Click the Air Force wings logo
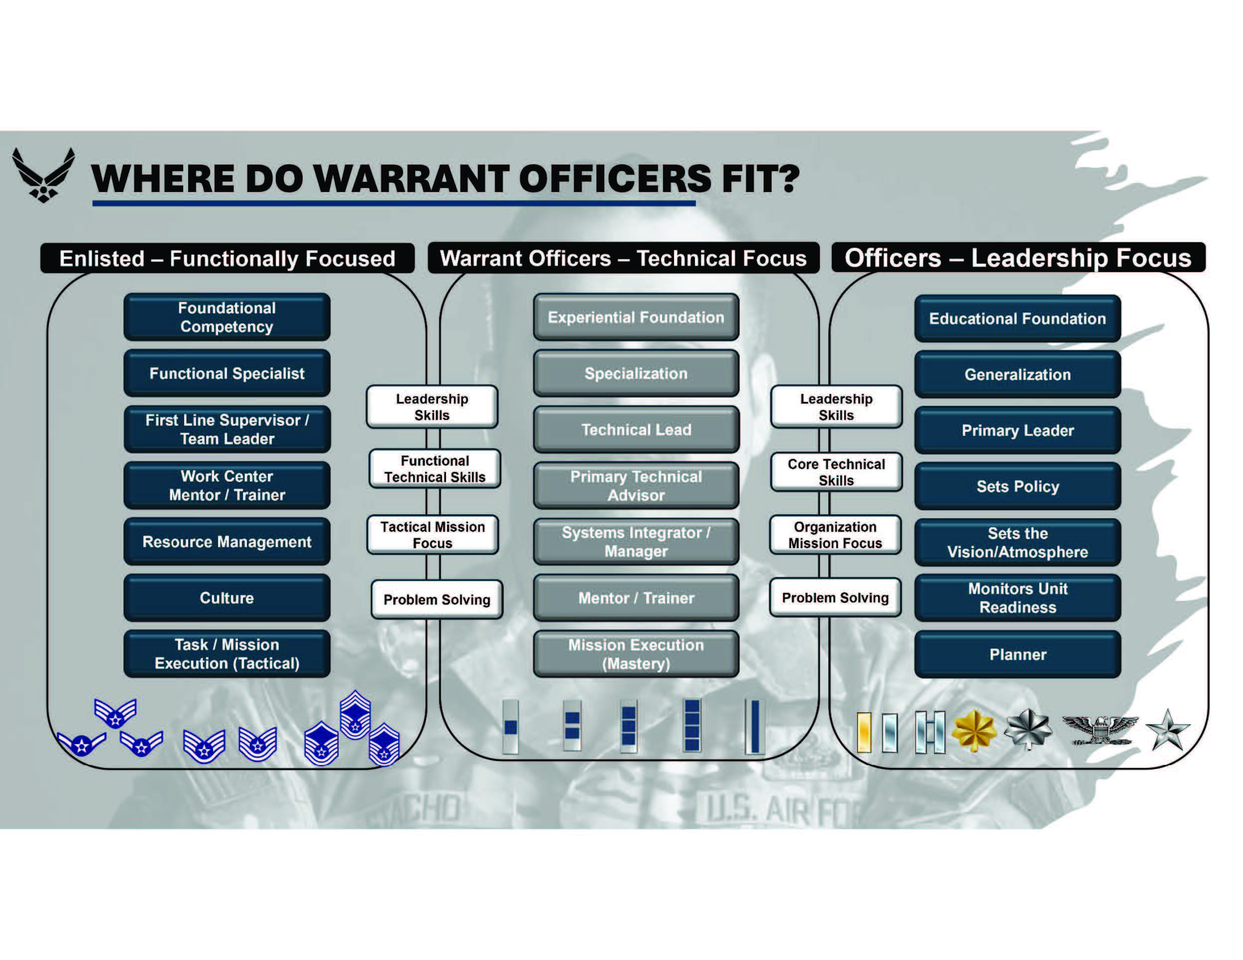[x=43, y=175]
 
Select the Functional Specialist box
[x=226, y=373]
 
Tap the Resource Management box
[x=226, y=541]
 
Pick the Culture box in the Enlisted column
[x=226, y=598]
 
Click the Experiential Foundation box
[x=636, y=317]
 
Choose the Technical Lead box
[x=636, y=429]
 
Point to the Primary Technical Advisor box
[x=636, y=485]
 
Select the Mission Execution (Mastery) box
[x=636, y=654]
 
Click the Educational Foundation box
[x=1017, y=318]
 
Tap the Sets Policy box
[x=1017, y=486]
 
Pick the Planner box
[x=1017, y=655]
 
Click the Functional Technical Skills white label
[x=435, y=469]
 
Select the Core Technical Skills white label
[x=836, y=472]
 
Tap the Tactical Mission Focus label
[x=433, y=535]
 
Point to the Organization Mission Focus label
[x=835, y=535]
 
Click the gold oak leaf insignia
[x=974, y=731]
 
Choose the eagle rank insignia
[x=1100, y=730]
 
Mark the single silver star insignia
[x=1167, y=731]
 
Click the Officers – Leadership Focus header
[x=1017, y=258]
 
